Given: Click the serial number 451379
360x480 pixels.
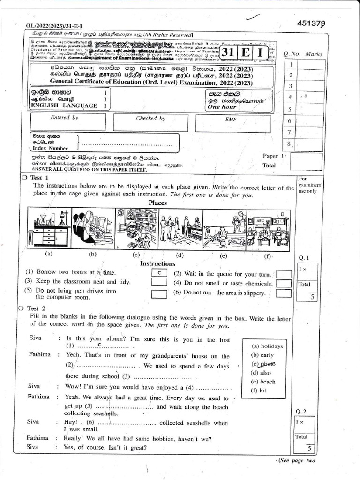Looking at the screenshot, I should (311, 23).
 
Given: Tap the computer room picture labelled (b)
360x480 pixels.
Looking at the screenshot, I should (93, 229).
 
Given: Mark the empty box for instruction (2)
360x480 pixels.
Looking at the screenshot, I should (284, 274).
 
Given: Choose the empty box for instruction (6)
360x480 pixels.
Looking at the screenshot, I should (284, 293).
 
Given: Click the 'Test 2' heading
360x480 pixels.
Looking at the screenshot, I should (37, 308).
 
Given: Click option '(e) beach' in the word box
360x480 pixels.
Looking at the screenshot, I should (263, 382).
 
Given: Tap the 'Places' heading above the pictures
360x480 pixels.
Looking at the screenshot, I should (158, 202).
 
